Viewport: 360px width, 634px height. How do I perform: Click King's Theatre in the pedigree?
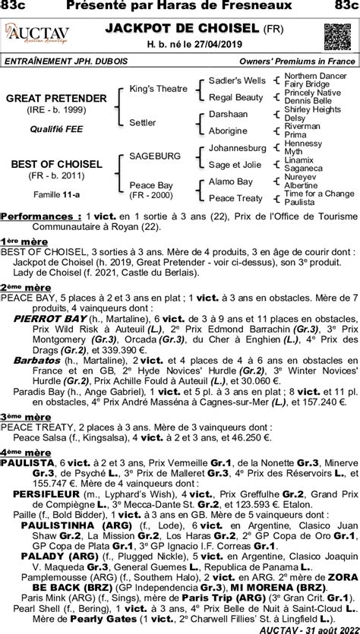tap(158, 89)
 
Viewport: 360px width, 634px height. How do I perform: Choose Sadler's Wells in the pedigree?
tap(237, 80)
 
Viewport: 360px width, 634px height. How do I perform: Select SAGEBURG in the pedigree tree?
tap(155, 156)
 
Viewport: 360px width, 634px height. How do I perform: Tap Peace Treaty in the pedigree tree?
tap(235, 198)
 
